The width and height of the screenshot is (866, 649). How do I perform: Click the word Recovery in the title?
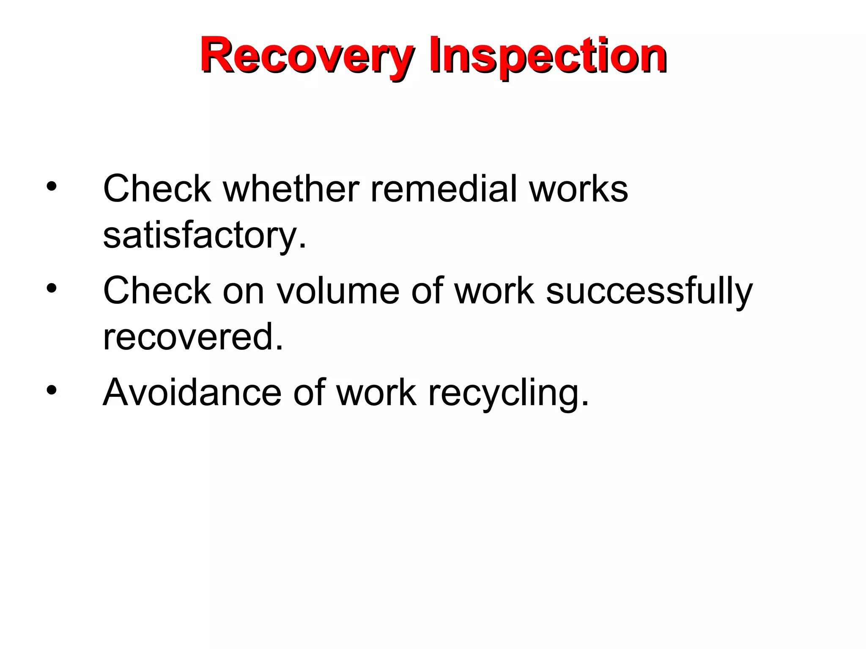pos(307,56)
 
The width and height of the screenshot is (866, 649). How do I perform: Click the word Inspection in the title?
pos(548,56)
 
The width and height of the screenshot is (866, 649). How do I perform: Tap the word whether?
pos(291,188)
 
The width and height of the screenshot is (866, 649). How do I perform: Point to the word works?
pos(578,188)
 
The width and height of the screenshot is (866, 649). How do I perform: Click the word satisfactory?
pos(205,235)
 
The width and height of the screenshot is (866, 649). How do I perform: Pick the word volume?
pos(338,291)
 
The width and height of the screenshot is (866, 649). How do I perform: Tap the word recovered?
pos(193,337)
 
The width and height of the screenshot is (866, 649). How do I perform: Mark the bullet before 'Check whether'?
pos(52,186)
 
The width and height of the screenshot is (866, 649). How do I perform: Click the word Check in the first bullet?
pos(157,188)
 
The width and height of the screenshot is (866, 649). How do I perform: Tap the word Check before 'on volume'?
pos(157,291)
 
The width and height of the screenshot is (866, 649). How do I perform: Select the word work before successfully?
pos(494,291)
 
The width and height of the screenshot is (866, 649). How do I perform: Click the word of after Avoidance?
pos(310,393)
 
